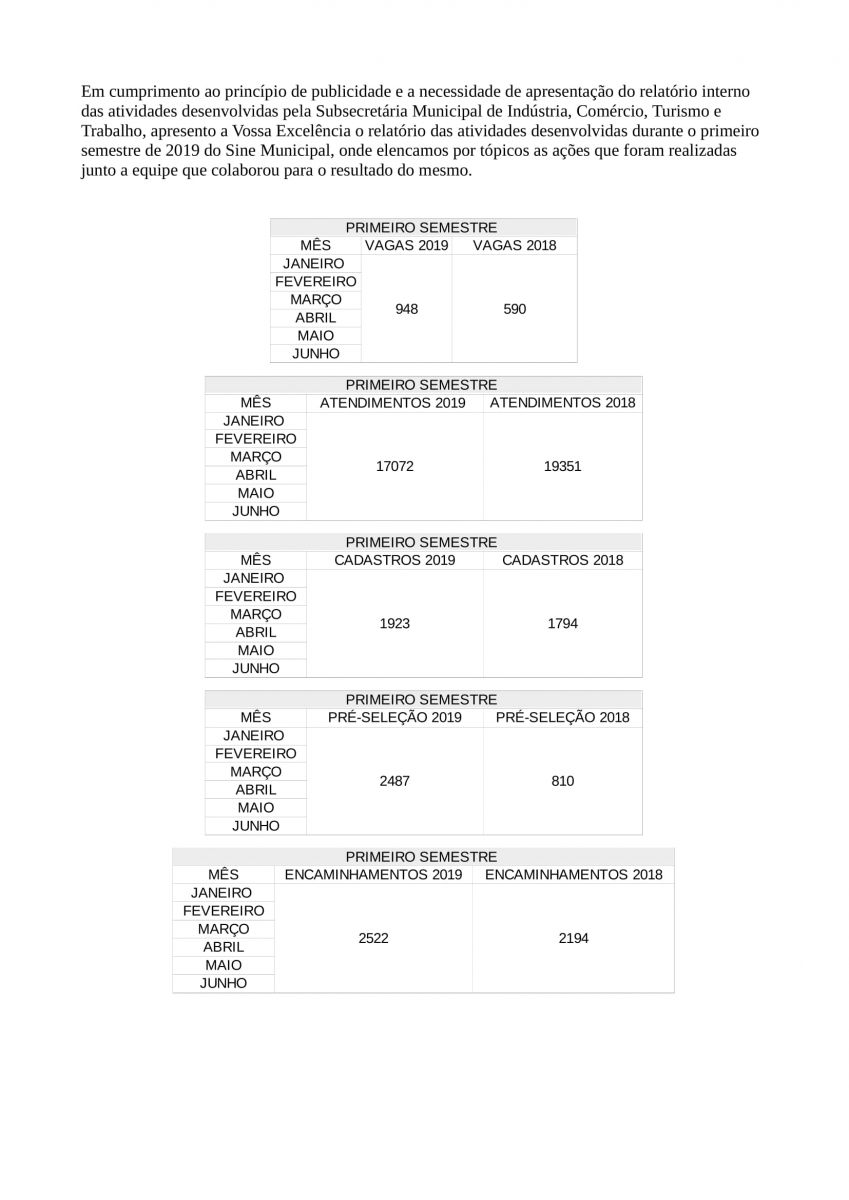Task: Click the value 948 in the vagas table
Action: pyautogui.click(x=406, y=309)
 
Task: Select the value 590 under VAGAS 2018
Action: pyautogui.click(x=514, y=309)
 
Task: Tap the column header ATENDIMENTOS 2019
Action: pyautogui.click(x=393, y=403)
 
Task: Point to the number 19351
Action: pyautogui.click(x=562, y=466)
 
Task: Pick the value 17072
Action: pyautogui.click(x=394, y=466)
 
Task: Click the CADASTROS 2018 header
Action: pyautogui.click(x=562, y=560)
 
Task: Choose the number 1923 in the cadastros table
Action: pyautogui.click(x=394, y=623)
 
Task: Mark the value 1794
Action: pyautogui.click(x=562, y=623)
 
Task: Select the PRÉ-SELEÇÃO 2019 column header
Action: pyautogui.click(x=394, y=718)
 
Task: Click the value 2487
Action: pyautogui.click(x=394, y=781)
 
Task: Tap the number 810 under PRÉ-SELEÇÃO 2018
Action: pyautogui.click(x=562, y=781)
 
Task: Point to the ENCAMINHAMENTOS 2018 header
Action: pyautogui.click(x=573, y=875)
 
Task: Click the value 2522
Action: pyautogui.click(x=373, y=938)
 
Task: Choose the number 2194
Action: pyautogui.click(x=573, y=938)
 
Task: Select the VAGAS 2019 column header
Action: pyautogui.click(x=406, y=245)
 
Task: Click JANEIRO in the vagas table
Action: pyautogui.click(x=314, y=264)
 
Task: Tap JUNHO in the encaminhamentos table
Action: pyautogui.click(x=223, y=984)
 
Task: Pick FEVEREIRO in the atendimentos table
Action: pyautogui.click(x=255, y=439)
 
